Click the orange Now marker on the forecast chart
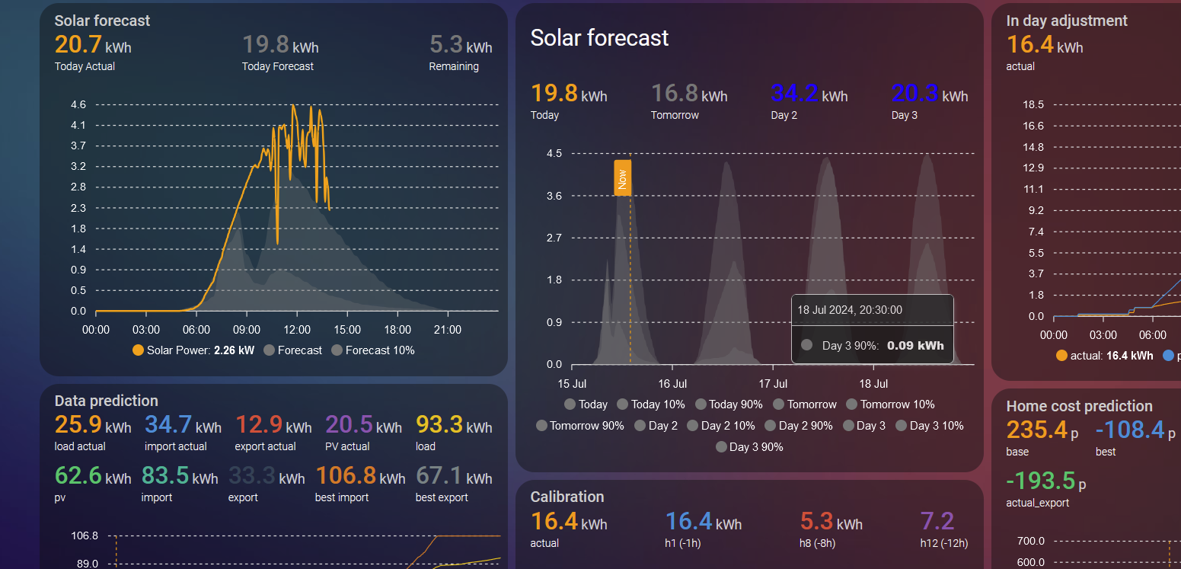(x=622, y=178)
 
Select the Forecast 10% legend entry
(x=373, y=350)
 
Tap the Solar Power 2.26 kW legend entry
(x=193, y=350)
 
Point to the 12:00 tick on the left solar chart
(x=297, y=330)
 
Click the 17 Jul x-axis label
(x=773, y=384)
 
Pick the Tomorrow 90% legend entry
(x=580, y=426)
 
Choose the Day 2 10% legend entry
(x=721, y=426)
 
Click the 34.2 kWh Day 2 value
(x=809, y=94)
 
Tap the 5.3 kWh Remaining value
(x=461, y=45)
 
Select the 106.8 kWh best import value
(x=361, y=476)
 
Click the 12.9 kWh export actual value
(x=273, y=425)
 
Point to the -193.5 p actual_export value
(x=1046, y=481)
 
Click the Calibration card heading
(x=567, y=497)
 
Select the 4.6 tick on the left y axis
(x=78, y=104)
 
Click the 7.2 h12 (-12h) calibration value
(x=937, y=522)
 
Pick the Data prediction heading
(x=107, y=401)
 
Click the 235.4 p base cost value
(x=1042, y=430)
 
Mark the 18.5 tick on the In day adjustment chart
(x=1033, y=104)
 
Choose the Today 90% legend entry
(x=729, y=404)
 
